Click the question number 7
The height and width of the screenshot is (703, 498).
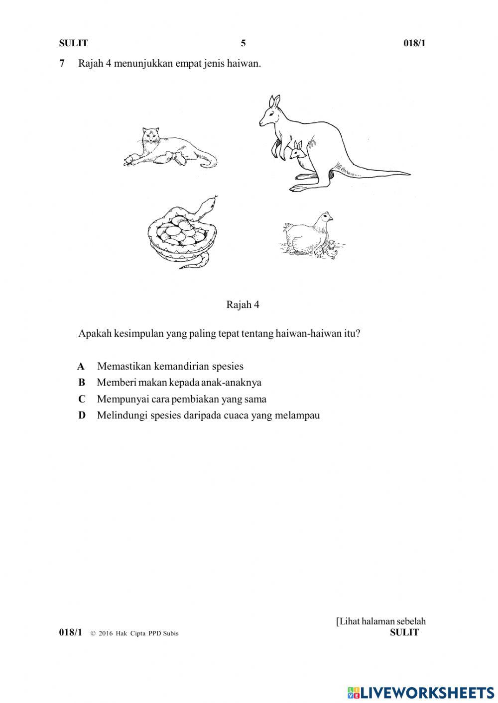pos(62,64)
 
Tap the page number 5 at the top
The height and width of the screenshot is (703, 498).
pos(243,43)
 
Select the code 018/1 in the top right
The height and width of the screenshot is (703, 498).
pos(414,43)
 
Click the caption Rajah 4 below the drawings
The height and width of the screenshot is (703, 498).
pos(243,304)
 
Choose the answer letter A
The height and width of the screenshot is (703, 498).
pos(81,367)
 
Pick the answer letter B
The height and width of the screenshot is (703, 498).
pos(82,383)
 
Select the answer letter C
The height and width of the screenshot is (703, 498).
pos(82,399)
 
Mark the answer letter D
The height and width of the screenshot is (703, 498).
pos(82,415)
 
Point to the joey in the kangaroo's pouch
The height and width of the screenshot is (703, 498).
pos(298,150)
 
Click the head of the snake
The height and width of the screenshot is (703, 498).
pos(211,201)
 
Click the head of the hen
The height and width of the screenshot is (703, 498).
pos(325,217)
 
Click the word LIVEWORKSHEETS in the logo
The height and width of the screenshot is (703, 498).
pos(427,692)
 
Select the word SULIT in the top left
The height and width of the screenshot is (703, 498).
pos(73,43)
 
